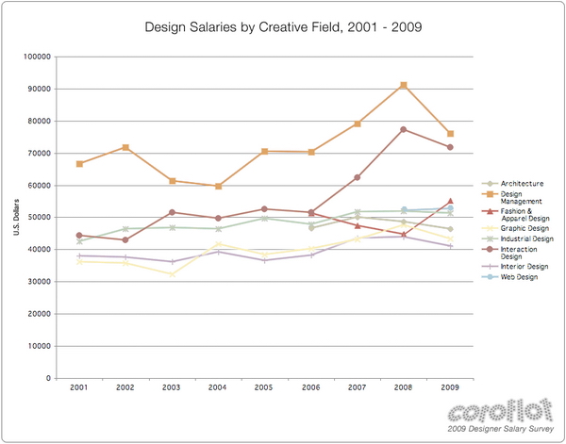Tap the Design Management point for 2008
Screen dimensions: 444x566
click(404, 86)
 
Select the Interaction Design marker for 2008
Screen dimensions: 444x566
click(404, 129)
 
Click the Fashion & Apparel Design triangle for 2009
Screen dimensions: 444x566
click(450, 201)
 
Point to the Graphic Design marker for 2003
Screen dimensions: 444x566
click(172, 274)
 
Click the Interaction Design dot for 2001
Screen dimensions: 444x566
click(79, 236)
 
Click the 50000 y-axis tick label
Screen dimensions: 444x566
click(38, 217)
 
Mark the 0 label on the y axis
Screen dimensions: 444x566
click(48, 378)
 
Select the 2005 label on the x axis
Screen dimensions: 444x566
click(264, 387)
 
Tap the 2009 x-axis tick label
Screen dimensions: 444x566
click(450, 387)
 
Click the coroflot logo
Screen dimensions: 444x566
click(496, 412)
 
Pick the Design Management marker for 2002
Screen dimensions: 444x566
click(125, 148)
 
